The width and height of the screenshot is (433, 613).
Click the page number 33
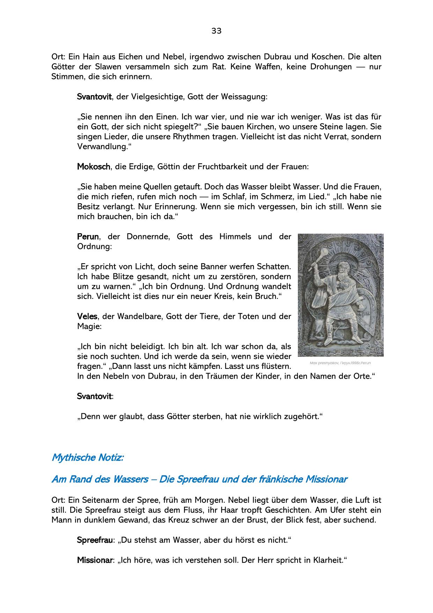[216, 31]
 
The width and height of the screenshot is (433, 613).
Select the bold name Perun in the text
[88, 237]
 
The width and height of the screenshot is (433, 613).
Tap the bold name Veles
[87, 317]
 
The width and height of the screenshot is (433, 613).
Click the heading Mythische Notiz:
[87, 457]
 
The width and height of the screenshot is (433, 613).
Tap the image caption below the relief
[340, 363]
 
